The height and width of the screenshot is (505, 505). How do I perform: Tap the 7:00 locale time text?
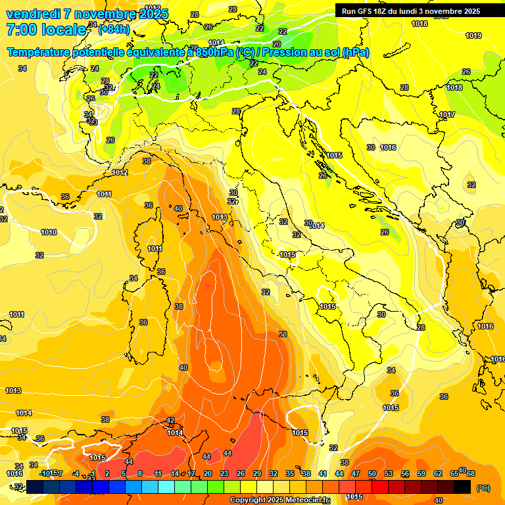46,30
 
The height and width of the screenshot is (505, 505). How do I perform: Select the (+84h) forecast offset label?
114,30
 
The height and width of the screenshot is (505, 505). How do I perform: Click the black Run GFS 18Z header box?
410,11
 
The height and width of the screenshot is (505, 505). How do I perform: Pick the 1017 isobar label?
447,114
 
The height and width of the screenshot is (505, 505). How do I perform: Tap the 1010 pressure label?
48,232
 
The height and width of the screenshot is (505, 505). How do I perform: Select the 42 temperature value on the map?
170,420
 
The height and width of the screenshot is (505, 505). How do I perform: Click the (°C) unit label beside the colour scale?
483,488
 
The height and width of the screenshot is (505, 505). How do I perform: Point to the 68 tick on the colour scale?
471,473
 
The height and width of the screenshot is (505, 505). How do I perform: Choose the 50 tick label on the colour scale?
372,473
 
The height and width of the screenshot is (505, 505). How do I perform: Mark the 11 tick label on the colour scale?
158,473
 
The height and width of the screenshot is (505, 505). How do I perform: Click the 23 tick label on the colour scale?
224,473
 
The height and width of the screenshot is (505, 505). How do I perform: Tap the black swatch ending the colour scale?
462,487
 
